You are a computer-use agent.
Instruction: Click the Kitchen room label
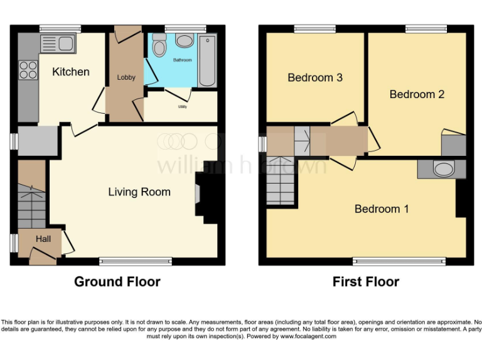(x=70, y=72)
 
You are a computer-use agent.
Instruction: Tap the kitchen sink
(x=57, y=43)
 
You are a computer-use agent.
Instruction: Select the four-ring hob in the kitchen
(x=28, y=69)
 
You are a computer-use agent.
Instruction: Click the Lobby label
(x=126, y=78)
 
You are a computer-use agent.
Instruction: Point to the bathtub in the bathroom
(x=206, y=62)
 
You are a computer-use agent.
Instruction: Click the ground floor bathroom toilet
(x=159, y=47)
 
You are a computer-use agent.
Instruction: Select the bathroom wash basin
(x=184, y=42)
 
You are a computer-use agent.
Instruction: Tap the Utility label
(x=182, y=107)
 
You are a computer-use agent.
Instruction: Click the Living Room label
(x=139, y=192)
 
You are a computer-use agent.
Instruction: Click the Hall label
(x=43, y=239)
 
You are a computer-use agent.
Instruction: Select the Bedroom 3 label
(x=315, y=78)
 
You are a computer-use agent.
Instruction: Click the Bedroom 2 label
(x=417, y=94)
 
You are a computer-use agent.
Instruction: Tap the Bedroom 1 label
(x=382, y=209)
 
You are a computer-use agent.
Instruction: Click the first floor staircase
(x=281, y=181)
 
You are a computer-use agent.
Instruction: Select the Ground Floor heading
(x=117, y=282)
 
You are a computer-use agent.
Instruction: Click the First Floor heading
(x=366, y=282)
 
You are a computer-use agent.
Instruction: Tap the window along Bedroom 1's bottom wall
(x=399, y=261)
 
